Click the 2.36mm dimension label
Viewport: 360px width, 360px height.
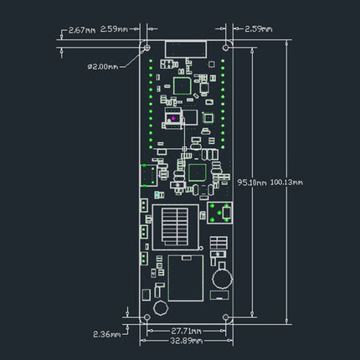pos(105,332)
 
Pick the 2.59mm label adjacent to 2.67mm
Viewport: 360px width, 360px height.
pos(115,29)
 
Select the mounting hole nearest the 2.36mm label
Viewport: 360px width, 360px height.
pos(147,319)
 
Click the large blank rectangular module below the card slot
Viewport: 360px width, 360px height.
pos(185,279)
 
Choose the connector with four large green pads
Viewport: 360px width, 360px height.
pos(220,214)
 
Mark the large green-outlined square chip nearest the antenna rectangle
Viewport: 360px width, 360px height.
pos(183,83)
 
